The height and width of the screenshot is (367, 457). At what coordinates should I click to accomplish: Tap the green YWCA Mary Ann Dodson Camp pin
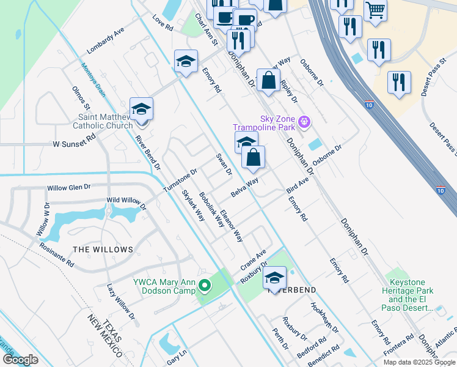[205, 286]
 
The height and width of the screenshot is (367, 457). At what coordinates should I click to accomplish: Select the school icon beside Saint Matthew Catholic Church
[142, 109]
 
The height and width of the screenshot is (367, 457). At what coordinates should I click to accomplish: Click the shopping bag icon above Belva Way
[253, 158]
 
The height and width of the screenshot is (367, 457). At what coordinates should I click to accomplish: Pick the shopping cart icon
[375, 9]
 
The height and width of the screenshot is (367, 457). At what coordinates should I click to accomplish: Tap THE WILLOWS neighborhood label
[103, 250]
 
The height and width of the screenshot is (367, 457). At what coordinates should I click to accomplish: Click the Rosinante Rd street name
[56, 254]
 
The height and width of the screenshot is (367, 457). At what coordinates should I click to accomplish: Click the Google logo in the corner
[20, 360]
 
